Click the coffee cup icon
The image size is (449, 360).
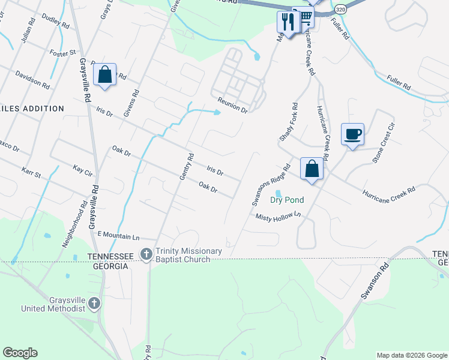tap(352, 134)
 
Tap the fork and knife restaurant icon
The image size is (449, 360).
tap(288, 22)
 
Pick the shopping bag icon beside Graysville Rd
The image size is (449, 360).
tap(105, 75)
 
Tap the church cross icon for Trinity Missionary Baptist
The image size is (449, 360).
tap(146, 255)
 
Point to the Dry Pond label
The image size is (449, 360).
tap(287, 200)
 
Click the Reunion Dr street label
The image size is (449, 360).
tap(232, 105)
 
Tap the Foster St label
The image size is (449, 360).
tap(64, 53)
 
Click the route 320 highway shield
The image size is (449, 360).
tap(340, 10)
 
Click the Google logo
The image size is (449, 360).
tap(20, 353)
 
